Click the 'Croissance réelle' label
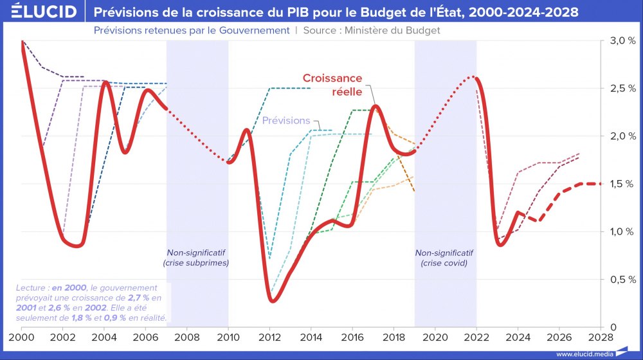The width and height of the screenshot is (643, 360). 332,85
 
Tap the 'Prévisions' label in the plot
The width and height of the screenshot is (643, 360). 286,121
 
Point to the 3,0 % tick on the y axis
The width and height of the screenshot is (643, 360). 622,40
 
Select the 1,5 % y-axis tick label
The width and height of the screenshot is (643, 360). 622,184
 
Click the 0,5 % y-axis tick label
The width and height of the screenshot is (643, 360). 622,280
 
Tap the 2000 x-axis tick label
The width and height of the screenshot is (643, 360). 22,336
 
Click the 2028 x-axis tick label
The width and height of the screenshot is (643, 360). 601,336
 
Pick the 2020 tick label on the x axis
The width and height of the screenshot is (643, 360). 435,336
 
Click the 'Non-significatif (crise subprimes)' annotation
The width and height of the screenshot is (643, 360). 197,258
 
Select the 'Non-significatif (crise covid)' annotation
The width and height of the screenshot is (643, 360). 444,258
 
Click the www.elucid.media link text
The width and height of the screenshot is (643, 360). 584,354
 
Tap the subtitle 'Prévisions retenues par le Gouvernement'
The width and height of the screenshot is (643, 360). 191,30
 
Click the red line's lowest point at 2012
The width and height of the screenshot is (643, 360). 273,301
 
